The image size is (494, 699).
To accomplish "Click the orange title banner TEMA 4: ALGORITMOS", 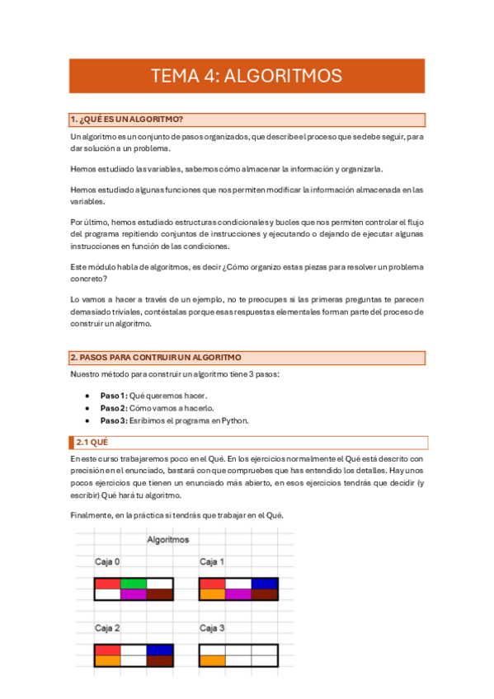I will (x=247, y=76).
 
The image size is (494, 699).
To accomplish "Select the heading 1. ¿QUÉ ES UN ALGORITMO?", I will (x=126, y=120).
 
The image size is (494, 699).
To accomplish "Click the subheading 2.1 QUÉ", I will (x=92, y=443).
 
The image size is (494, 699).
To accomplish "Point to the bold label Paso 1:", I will (x=114, y=396).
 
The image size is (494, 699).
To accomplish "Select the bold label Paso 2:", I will (x=114, y=408).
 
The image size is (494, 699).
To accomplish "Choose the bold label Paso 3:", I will (x=114, y=420).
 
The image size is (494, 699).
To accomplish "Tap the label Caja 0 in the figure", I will (x=107, y=561).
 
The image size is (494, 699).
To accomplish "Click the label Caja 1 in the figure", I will (x=212, y=561).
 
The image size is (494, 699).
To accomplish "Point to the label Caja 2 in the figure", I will (x=107, y=628).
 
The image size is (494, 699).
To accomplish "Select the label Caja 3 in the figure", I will (x=212, y=628).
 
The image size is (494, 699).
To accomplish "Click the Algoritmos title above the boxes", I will (x=167, y=540).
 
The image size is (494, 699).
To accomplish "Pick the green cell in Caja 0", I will (x=134, y=584).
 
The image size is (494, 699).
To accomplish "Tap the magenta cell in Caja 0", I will (x=134, y=593).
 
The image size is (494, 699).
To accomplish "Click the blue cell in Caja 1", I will (x=265, y=584).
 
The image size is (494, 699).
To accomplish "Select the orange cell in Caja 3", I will (x=213, y=660).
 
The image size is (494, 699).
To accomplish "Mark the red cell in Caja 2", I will (x=108, y=650).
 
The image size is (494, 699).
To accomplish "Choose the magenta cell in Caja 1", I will (x=238, y=593).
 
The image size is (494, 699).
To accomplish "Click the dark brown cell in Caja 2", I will (x=160, y=660).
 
